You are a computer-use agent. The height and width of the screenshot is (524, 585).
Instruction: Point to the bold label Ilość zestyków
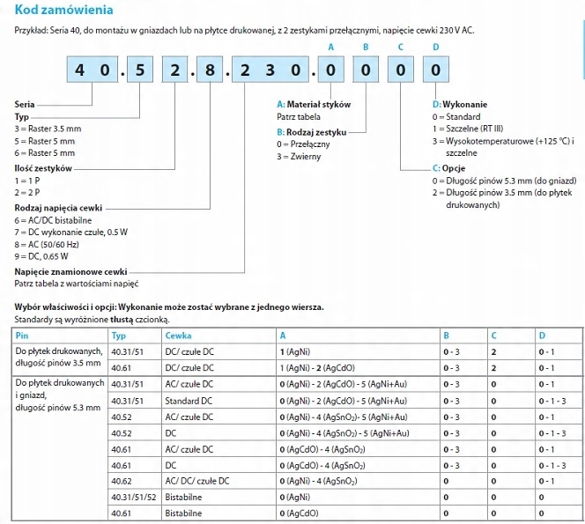click(43, 166)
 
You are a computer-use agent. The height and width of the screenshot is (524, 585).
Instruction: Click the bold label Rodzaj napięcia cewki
click(57, 207)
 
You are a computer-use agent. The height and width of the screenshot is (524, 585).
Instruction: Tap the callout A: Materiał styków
click(314, 104)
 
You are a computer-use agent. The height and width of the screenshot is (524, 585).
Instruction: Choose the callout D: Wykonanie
click(460, 104)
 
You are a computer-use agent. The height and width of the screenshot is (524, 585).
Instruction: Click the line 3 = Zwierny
click(299, 156)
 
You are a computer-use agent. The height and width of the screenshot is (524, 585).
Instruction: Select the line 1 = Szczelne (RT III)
click(476, 129)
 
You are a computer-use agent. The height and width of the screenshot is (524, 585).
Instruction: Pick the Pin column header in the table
click(23, 336)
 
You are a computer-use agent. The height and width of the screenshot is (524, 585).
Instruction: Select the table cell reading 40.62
click(122, 480)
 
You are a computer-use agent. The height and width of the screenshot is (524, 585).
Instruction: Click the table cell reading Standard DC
click(189, 400)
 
